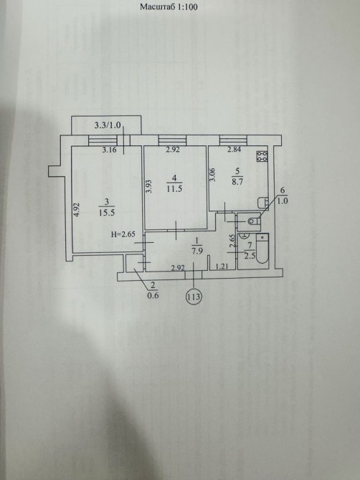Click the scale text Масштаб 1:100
pos(169,6)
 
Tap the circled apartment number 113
pos(194,297)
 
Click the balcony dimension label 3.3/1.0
pos(108,125)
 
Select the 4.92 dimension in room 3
pos(77,210)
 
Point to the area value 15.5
pos(107,213)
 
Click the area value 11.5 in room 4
pos(174,188)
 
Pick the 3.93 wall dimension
pos(149,186)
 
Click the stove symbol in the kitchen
pos(262,156)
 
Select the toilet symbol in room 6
pos(253,221)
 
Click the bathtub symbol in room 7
pos(262,249)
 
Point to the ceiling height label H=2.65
pos(123,235)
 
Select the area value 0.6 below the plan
pos(153,296)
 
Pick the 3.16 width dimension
pos(109,150)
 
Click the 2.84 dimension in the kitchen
pos(234,150)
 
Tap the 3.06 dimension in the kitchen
pos(213,175)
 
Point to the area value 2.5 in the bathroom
pos(250,256)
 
